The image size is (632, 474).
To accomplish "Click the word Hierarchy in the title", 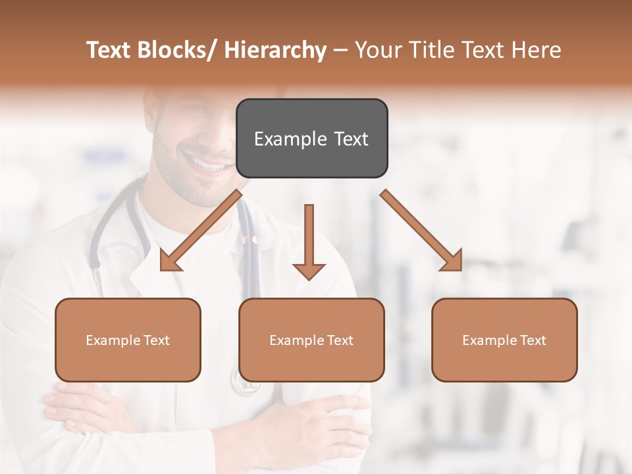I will coord(275,50).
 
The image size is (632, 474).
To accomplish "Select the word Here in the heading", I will coord(537,50).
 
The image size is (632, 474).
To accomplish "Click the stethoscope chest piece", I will coord(245,381).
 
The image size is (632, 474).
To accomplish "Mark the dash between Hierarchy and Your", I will coord(340,50).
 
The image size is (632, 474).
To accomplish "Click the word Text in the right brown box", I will coord(532,340).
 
